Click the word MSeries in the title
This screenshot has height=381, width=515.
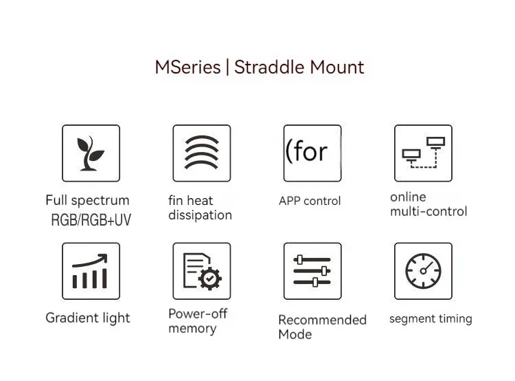point(187,67)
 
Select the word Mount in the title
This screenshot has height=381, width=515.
point(337,67)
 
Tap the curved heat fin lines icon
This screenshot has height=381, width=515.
point(202,152)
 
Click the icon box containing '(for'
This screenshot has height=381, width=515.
point(312,153)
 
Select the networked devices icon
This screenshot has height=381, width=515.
point(424,153)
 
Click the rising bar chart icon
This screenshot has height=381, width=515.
point(90,271)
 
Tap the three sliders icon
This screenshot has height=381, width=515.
point(312,271)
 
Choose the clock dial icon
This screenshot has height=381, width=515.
point(423,271)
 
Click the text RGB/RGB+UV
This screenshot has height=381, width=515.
point(91,220)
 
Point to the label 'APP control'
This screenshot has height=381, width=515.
point(310,201)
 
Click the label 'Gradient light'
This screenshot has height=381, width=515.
point(88,318)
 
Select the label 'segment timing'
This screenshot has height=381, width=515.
point(431,318)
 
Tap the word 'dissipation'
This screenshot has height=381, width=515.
point(200,215)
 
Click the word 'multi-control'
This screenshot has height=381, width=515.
point(428,211)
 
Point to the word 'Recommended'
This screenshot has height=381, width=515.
point(322,320)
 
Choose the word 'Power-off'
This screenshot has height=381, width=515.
point(198,314)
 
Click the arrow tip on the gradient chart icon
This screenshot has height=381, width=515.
point(106,254)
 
